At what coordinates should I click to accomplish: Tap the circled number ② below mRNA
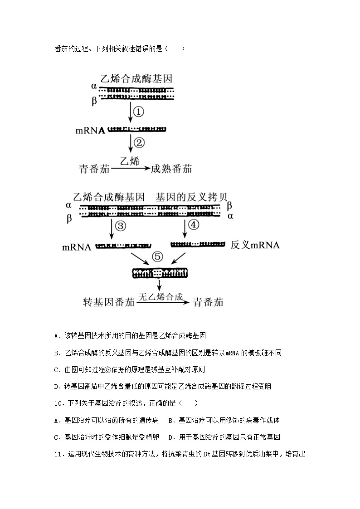(139, 143)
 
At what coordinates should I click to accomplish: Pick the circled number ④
(194, 225)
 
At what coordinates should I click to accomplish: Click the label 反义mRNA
(255, 246)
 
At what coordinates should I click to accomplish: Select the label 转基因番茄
(109, 302)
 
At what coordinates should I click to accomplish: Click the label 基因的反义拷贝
(191, 197)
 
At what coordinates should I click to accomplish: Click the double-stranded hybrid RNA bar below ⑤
(159, 273)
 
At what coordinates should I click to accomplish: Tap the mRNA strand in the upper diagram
(137, 129)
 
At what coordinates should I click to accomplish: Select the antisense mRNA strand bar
(198, 245)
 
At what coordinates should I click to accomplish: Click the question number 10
(58, 403)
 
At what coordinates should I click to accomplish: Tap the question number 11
(58, 454)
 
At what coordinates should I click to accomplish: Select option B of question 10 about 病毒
(171, 420)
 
